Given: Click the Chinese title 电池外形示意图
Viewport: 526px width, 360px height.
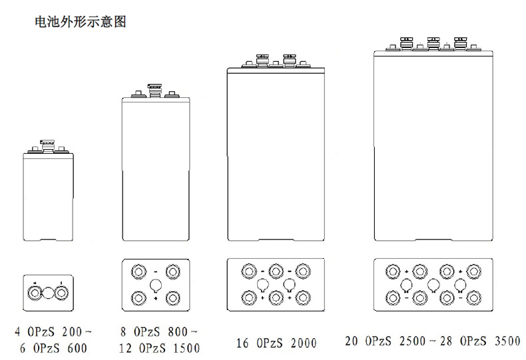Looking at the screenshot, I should [x=80, y=22].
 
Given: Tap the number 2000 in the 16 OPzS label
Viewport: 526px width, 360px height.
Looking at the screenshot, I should [x=302, y=343].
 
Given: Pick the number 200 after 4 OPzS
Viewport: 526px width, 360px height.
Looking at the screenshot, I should [x=76, y=331].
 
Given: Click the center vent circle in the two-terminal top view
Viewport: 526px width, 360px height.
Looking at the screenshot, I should [x=48, y=291].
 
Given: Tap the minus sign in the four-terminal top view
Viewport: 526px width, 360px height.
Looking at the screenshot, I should [x=155, y=271].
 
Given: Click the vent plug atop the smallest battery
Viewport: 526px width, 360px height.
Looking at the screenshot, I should [x=47, y=142].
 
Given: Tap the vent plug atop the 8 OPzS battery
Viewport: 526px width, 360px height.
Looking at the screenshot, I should [x=154, y=88].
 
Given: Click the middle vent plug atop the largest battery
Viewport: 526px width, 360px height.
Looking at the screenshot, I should [x=433, y=42].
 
